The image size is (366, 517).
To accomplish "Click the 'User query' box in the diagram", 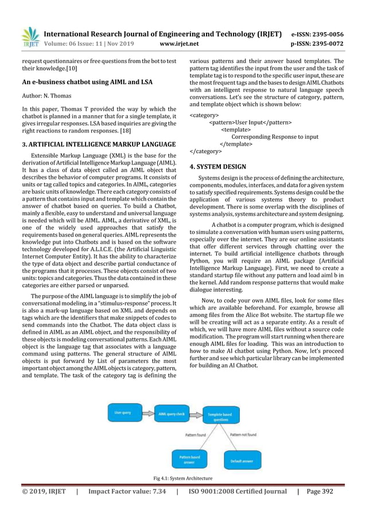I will coord(124,413).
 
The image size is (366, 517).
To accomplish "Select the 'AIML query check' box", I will coord(172,413).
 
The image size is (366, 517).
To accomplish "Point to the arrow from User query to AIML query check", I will coord(147,413).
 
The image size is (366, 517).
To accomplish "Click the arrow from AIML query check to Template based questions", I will coord(195,413).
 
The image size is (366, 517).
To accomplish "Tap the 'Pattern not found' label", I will coord(243,435).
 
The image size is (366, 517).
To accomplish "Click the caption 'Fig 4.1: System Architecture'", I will coord(182,478).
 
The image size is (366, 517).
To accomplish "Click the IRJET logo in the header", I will coord(30,36).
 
